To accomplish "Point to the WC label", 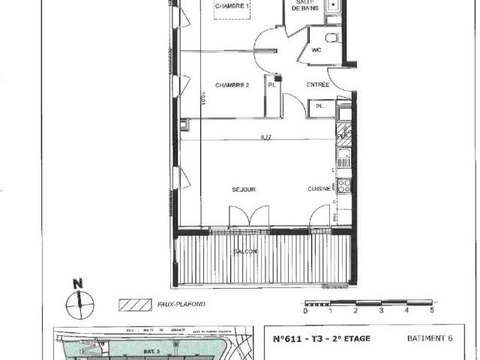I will pyautogui.click(x=316, y=51).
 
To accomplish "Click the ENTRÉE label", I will pyautogui.click(x=318, y=85).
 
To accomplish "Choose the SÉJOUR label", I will pyautogui.click(x=244, y=190).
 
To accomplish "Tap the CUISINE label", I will pyautogui.click(x=319, y=190).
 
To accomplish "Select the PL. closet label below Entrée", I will pyautogui.click(x=319, y=107).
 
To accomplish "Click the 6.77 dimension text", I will pyautogui.click(x=265, y=137).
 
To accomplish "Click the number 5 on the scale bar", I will pyautogui.click(x=432, y=309).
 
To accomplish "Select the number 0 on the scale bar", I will pyautogui.click(x=305, y=310).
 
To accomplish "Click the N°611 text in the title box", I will pyautogui.click(x=287, y=339).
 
